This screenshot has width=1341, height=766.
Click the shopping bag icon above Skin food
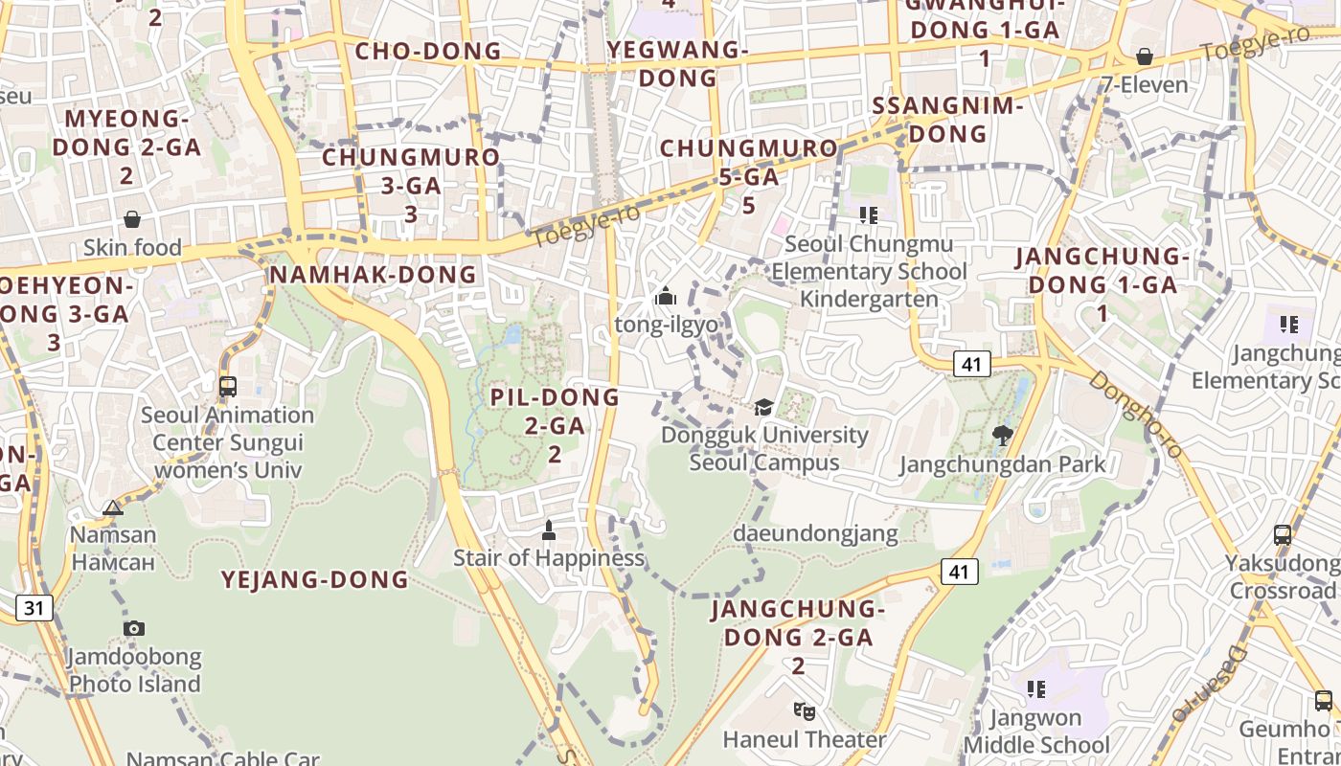(132, 219)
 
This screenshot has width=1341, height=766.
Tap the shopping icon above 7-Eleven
(1144, 56)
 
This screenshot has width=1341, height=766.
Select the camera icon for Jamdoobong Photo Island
(134, 628)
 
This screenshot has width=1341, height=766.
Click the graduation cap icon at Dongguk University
(763, 407)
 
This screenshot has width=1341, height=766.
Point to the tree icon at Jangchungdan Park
(1003, 436)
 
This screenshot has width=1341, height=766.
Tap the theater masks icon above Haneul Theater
(804, 710)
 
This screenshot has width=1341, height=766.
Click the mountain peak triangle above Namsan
(113, 507)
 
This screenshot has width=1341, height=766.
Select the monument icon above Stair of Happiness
(549, 529)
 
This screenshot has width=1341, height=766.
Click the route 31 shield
(34, 607)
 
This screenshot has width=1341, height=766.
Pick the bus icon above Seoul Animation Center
(228, 387)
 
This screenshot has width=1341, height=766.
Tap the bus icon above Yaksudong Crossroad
(1283, 535)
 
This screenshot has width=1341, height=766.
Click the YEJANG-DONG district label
(315, 579)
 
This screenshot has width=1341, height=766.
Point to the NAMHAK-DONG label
(373, 275)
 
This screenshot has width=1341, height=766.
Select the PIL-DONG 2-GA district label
(555, 424)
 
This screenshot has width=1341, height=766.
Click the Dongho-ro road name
(1135, 414)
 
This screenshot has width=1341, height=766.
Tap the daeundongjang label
(815, 533)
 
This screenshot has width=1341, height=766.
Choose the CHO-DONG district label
(428, 51)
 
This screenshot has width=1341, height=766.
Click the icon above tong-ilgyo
(666, 297)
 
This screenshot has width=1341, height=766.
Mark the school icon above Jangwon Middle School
(1035, 688)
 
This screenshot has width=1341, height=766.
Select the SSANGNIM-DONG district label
(948, 120)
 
